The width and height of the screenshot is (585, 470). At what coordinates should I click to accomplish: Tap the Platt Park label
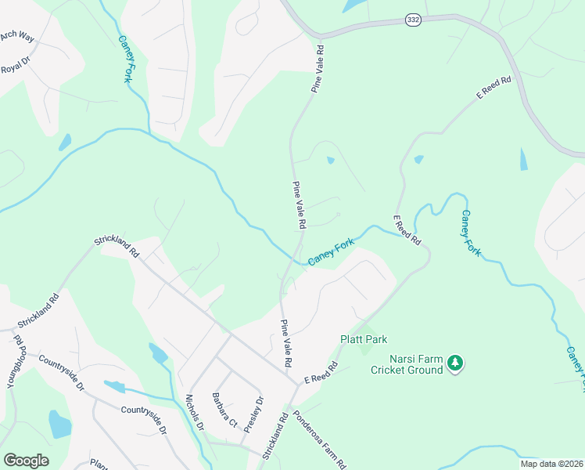coord(364,340)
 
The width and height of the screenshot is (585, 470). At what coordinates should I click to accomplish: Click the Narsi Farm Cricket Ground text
coord(406,365)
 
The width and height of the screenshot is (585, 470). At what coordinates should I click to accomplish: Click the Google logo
coord(26,461)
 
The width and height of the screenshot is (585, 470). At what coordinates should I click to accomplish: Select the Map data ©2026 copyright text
coord(551,464)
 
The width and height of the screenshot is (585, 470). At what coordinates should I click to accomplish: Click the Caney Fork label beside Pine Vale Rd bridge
coord(331,252)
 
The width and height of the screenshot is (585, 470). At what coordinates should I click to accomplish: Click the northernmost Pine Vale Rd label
coord(318,70)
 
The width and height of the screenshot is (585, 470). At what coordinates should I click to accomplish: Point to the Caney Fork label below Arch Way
coord(124,59)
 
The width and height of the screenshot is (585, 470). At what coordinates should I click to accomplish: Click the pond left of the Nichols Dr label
coord(158,353)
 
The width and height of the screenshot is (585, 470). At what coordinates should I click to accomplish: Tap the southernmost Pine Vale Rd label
coord(285,344)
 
